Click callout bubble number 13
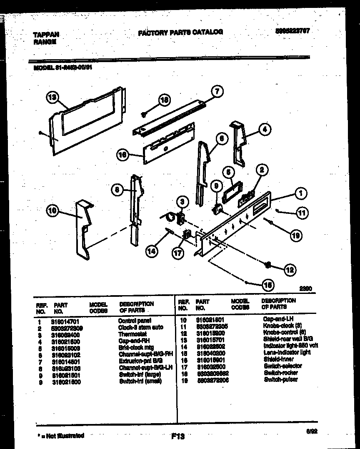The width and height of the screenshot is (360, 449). click(52, 98)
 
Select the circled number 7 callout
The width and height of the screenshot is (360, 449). click(217, 91)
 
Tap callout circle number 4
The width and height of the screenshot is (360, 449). click(264, 130)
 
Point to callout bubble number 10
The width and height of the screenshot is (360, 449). click(52, 211)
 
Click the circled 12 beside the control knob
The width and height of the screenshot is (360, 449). click(289, 270)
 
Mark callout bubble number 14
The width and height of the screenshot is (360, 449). click(152, 251)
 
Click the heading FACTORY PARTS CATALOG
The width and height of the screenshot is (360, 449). click(180, 32)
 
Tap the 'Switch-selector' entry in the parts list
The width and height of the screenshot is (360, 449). click(282, 366)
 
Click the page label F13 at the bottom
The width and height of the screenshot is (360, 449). click(177, 436)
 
